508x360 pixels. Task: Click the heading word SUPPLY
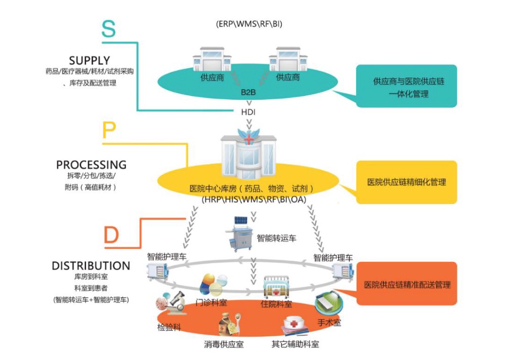[x=90, y=60]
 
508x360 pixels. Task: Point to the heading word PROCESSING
[x=91, y=165]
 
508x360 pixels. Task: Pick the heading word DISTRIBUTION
[x=91, y=266]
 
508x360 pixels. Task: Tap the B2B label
[x=248, y=93]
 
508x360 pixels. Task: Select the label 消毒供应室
[x=224, y=344]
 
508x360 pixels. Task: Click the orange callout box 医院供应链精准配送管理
[x=407, y=285]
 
